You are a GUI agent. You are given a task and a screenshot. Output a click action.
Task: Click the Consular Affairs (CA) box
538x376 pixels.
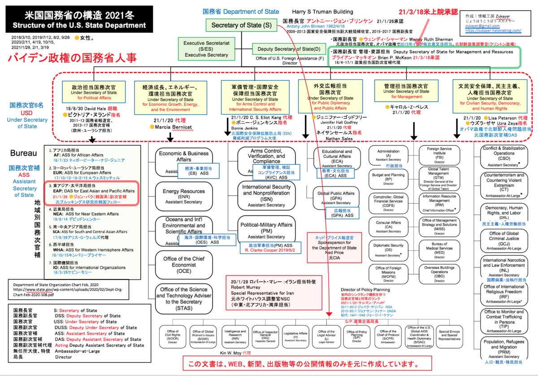pos(389,227)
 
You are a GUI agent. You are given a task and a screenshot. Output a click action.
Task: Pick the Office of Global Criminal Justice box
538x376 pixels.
pos(504,239)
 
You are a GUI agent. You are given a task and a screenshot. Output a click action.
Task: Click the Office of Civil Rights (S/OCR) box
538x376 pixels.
pos(173,336)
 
